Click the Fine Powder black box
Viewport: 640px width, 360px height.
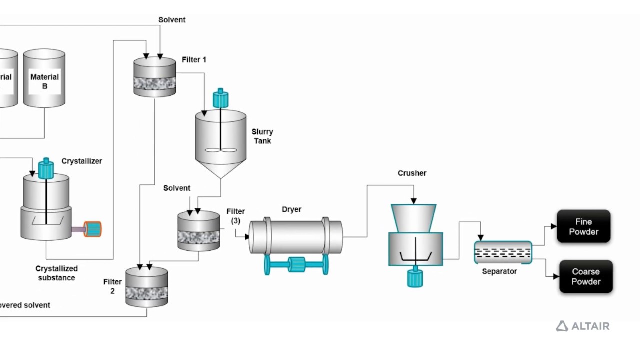click(583, 226)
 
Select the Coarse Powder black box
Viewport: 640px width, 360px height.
click(585, 276)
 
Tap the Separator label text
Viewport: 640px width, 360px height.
click(499, 271)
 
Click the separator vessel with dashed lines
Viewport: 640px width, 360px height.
click(503, 252)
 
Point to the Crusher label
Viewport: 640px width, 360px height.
click(412, 173)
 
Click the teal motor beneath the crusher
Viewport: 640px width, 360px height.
click(415, 277)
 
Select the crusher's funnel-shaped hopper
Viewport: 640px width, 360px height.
click(414, 218)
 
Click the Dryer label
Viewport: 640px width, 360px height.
click(291, 209)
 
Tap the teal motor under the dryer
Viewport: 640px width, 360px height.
click(296, 264)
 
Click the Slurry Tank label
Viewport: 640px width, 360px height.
click(262, 136)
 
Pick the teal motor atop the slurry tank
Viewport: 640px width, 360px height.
click(220, 99)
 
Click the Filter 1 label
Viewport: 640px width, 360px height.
click(194, 60)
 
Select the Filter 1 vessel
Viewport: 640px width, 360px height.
click(155, 77)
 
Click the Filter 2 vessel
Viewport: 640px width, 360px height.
click(146, 286)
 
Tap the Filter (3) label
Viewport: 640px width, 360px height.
click(235, 216)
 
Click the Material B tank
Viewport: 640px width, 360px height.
click(44, 78)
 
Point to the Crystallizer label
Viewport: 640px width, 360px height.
click(82, 161)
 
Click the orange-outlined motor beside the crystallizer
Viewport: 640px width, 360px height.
click(92, 229)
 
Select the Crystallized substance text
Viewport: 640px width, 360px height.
click(56, 273)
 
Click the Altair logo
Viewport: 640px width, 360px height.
click(583, 326)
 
